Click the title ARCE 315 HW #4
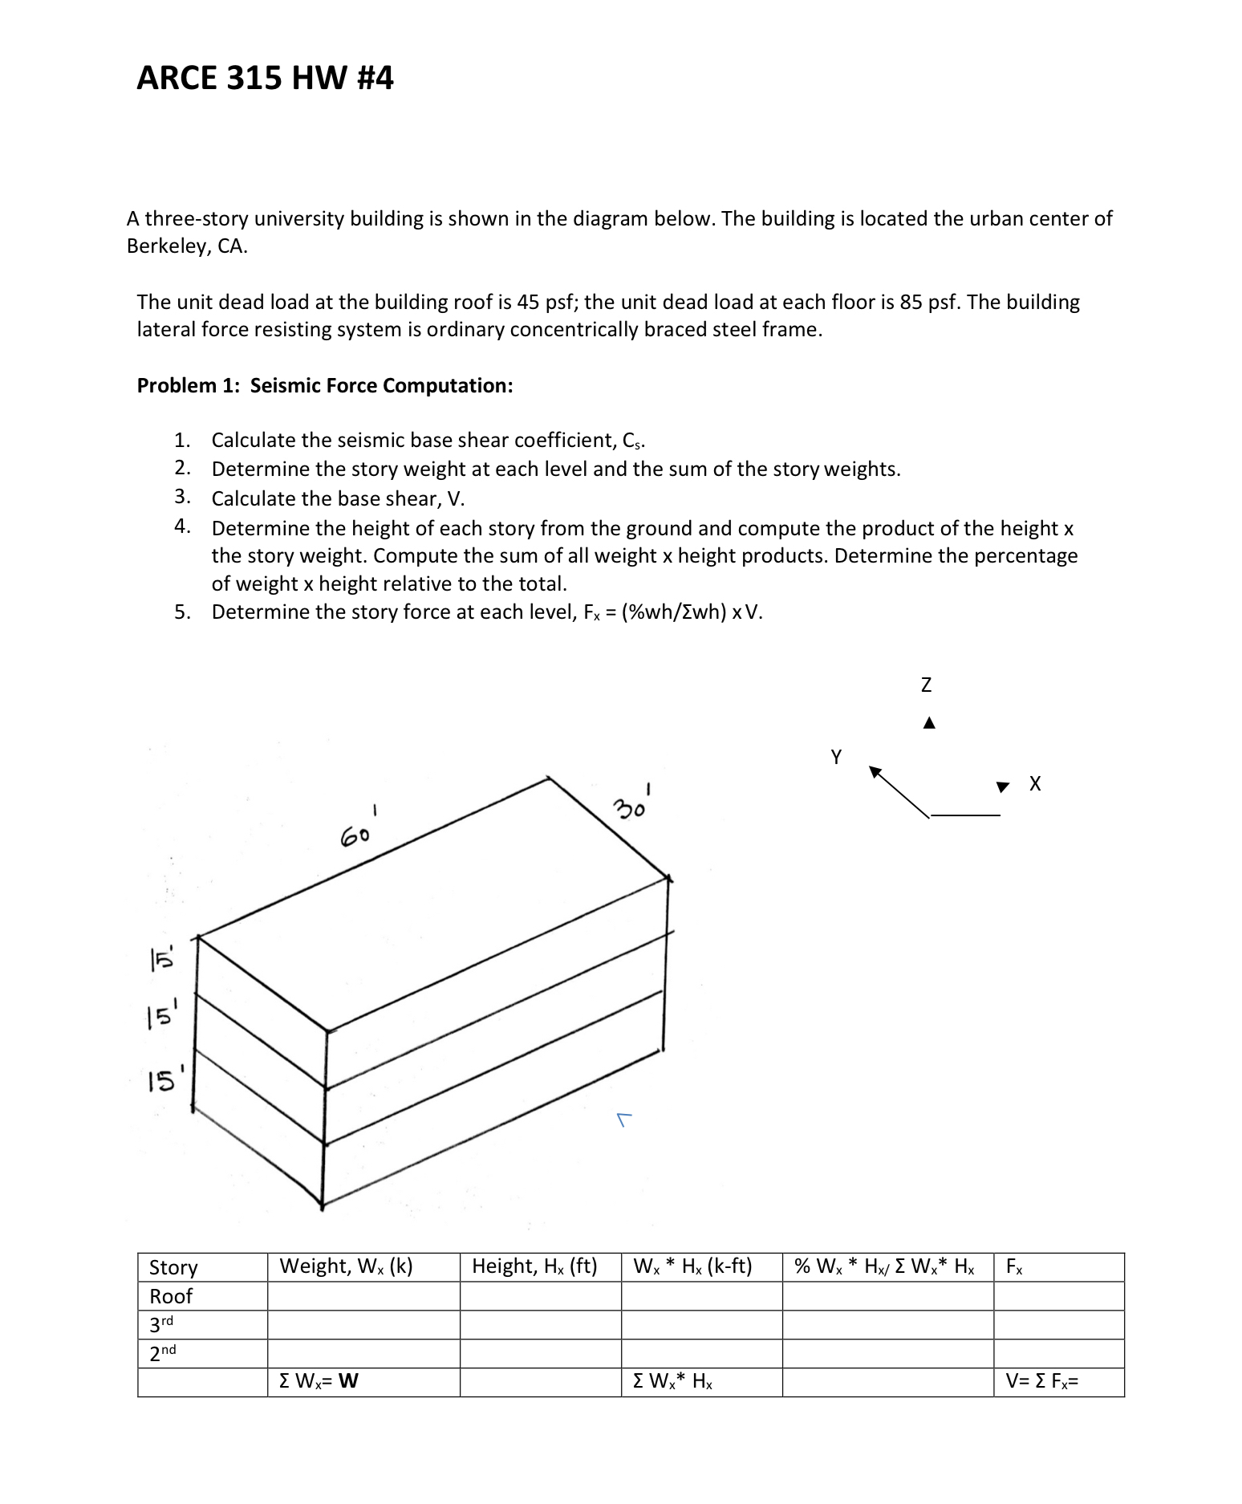click(265, 78)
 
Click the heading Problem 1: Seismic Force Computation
click(325, 386)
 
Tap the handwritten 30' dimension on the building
click(632, 805)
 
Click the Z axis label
click(926, 685)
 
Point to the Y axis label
click(836, 756)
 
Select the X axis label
click(1035, 784)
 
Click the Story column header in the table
click(173, 1267)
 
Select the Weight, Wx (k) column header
click(346, 1266)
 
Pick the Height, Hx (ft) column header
click(534, 1266)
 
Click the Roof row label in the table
click(171, 1296)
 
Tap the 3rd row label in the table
click(162, 1324)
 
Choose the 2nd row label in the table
click(163, 1353)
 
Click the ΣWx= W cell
click(319, 1381)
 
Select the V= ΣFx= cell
click(1041, 1381)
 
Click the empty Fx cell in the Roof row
click(1058, 1296)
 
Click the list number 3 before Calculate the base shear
click(182, 498)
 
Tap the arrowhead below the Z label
click(929, 723)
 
